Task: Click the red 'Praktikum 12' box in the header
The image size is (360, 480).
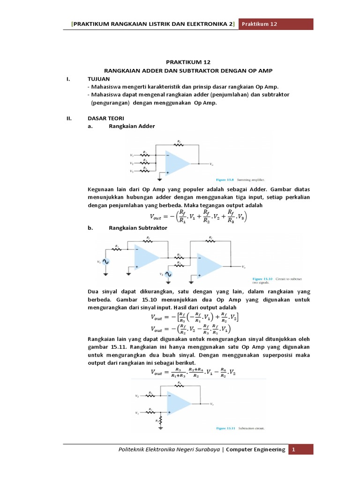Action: tap(276, 24)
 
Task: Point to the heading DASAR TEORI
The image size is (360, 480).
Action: tap(104, 118)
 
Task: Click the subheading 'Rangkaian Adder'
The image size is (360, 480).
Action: tap(132, 126)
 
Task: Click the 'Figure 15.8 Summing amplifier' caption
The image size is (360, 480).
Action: tap(240, 179)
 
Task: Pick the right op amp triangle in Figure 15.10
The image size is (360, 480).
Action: tap(209, 266)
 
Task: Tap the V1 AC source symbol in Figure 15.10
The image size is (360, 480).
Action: tap(106, 262)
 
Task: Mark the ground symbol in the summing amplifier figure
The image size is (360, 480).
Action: tap(160, 178)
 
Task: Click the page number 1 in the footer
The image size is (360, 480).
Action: tap(294, 450)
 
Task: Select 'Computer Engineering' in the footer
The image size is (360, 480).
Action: tap(256, 450)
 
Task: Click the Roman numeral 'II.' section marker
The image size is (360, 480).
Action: tap(69, 118)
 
